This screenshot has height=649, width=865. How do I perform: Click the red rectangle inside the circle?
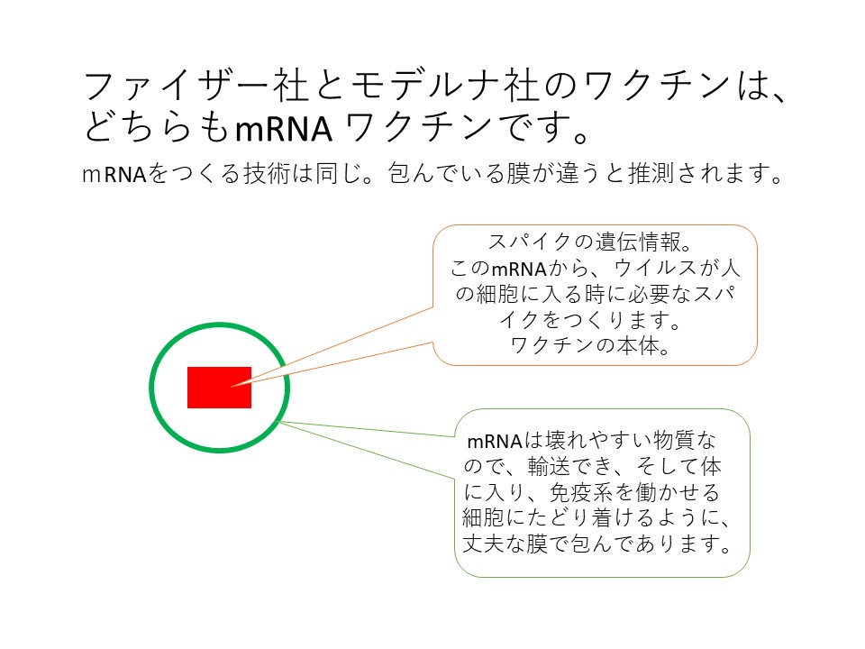coord(219,388)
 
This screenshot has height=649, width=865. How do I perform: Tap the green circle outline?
coord(150,388)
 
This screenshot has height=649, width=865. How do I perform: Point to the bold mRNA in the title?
coord(284,129)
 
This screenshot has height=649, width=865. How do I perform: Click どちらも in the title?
coord(157,127)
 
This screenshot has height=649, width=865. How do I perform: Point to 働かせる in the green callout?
coord(678,492)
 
